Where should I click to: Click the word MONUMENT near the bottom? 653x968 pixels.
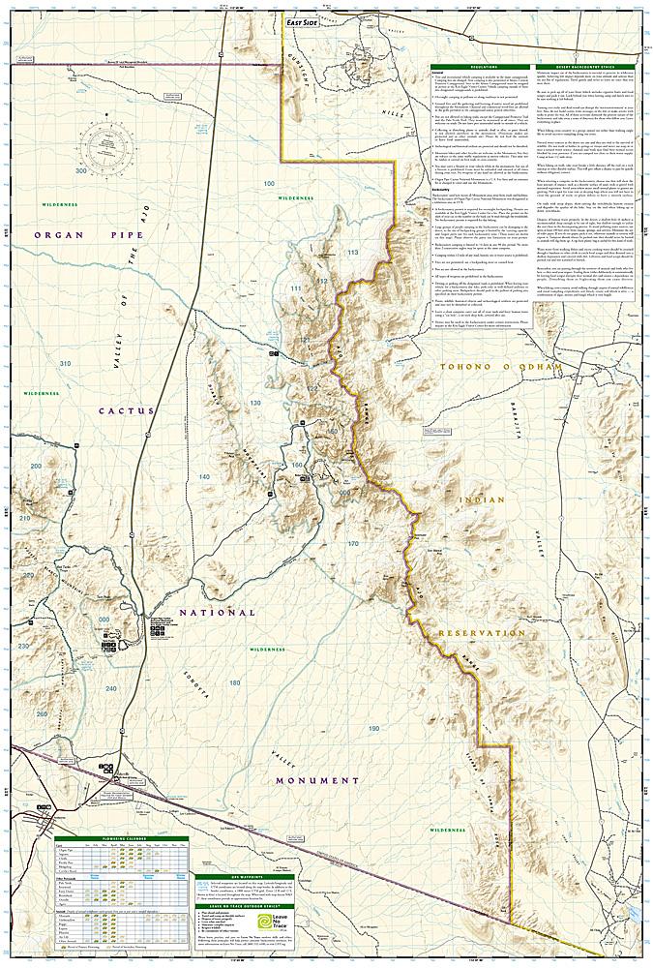tap(316, 780)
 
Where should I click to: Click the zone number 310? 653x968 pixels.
tap(65, 363)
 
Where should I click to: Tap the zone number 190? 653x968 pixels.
tap(374, 728)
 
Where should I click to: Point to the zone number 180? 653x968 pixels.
tap(235, 682)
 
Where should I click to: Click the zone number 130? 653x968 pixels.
tap(255, 403)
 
